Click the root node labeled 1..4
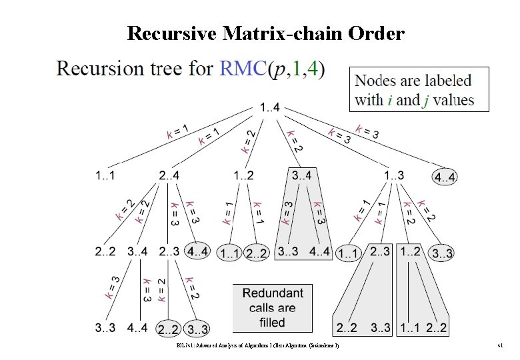[270, 106]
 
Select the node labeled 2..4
[169, 176]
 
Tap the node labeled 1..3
[394, 176]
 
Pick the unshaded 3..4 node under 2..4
[137, 251]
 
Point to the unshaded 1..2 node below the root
[243, 176]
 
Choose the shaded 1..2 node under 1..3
[410, 251]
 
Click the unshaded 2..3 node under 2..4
[169, 251]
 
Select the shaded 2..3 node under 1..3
[379, 251]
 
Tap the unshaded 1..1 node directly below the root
[104, 176]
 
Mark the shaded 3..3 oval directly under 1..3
[443, 253]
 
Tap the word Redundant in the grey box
[273, 293]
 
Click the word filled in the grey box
[272, 322]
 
